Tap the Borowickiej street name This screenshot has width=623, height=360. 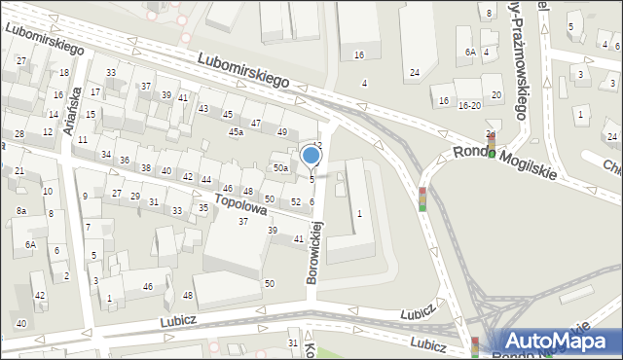pos(314,251)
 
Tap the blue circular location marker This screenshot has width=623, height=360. pos(311,154)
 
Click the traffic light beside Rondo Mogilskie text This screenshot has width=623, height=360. pos(491,146)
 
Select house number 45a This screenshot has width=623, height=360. pos(236,131)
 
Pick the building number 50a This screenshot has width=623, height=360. pos(280,168)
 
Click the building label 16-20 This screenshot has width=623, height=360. pos(469,105)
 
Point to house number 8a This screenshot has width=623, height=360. pos(20,210)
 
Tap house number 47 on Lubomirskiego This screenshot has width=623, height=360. pos(256,124)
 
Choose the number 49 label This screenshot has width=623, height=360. pos(282,132)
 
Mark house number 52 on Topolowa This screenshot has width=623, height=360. pos(295,201)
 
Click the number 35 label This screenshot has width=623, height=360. pos(203,207)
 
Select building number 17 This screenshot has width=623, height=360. pos(95,91)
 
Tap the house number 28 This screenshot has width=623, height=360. pos(19,133)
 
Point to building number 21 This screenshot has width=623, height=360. pos(19,171)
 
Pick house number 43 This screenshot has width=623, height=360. pos(203,108)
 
